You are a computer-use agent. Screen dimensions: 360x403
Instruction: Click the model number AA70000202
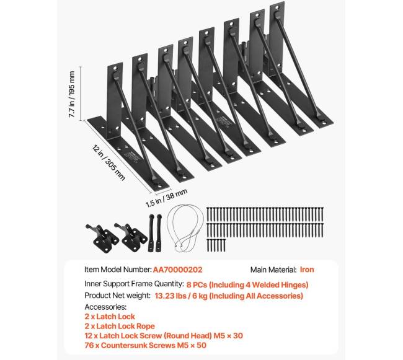(177, 270)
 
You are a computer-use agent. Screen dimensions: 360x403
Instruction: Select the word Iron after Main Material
(308, 270)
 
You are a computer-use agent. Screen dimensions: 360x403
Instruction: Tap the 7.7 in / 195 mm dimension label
(73, 94)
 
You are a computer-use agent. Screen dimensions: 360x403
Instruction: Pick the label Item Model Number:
(117, 270)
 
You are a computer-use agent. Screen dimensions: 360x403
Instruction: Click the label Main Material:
(273, 270)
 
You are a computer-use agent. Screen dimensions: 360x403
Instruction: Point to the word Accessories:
(105, 307)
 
